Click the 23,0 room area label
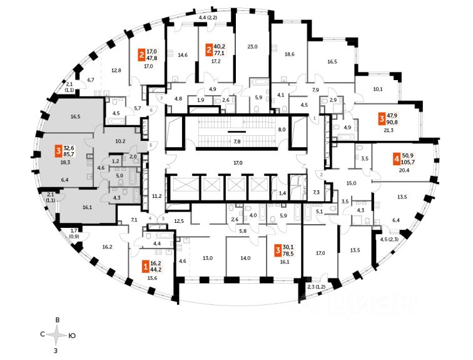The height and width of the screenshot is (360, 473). point(252,46)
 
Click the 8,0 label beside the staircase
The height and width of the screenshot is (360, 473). point(282,130)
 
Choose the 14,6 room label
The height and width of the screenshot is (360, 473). point(183,55)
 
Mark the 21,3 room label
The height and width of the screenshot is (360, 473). point(389,130)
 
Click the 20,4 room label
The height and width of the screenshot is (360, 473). point(396,170)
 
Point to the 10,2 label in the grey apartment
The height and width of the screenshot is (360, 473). point(120,141)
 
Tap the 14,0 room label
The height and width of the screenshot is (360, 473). point(245,258)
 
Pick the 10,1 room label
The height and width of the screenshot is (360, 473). point(378,89)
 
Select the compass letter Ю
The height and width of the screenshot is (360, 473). point(74,335)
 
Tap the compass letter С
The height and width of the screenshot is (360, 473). point(43,335)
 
